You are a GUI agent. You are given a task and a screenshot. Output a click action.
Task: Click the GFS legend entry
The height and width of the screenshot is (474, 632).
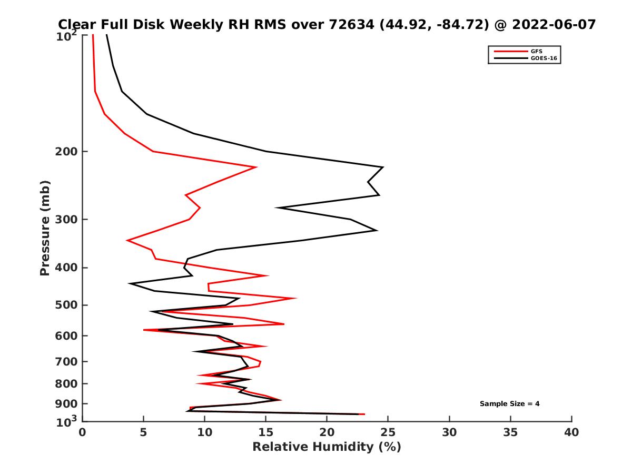point(536,51)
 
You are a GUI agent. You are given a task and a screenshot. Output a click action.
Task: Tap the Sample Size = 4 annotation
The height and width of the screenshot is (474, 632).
point(509,404)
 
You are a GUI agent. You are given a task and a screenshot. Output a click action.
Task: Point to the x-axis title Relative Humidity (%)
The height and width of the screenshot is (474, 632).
point(327,447)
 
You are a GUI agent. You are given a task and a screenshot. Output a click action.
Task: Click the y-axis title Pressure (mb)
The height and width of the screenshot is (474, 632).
point(45,228)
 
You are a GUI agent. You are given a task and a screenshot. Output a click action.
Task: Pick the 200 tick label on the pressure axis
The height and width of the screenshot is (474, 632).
point(64,152)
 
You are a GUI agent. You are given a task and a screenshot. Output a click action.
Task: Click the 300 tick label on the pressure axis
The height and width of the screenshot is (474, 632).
point(64,220)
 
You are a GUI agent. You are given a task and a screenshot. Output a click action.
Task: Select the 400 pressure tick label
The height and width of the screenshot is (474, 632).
point(64,268)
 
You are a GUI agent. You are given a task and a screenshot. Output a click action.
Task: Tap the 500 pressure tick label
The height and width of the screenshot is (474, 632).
point(64,305)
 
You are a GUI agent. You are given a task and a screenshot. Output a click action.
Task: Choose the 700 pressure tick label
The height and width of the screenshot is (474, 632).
point(64,361)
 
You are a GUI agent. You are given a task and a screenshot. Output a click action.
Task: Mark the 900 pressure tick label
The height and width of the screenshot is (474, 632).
point(64,404)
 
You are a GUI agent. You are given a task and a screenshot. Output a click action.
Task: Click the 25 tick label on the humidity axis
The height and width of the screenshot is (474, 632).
point(388,432)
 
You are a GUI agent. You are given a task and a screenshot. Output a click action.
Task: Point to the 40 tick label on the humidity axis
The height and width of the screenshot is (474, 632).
point(571,432)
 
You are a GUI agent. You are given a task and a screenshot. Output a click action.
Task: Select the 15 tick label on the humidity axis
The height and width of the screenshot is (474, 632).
point(266,432)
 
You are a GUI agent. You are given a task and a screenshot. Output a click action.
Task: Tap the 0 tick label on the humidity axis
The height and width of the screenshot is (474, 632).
point(82,432)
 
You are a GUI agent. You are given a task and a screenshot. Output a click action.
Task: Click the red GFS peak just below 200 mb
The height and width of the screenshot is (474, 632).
point(256,167)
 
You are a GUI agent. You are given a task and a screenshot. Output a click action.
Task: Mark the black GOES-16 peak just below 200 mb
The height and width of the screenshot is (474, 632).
point(383,167)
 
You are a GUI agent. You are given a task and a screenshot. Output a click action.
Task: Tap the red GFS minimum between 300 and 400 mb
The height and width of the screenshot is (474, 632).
point(127,240)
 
